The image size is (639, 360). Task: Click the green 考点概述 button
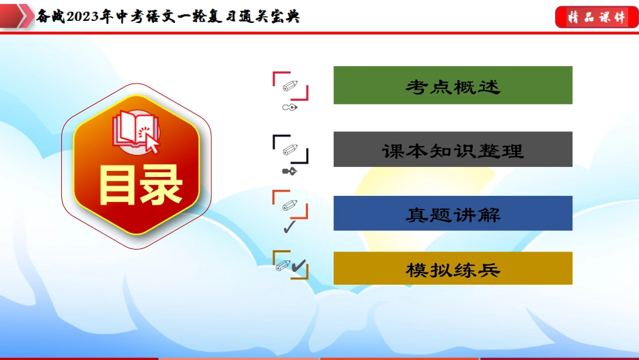[453, 85]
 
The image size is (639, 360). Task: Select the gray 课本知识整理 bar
[453, 149]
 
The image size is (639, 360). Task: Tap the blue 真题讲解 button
[453, 213]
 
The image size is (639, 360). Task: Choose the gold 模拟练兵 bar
[453, 268]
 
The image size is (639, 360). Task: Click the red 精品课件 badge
[596, 17]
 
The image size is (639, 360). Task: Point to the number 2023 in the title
[82, 17]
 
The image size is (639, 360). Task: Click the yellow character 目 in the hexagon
[116, 185]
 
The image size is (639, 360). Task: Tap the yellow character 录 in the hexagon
[161, 185]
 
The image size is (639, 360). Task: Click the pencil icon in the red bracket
[290, 85]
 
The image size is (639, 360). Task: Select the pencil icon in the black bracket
[290, 149]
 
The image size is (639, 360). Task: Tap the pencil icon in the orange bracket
[290, 205]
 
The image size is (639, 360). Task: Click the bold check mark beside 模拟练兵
[299, 266]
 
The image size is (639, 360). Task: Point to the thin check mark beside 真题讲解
[289, 227]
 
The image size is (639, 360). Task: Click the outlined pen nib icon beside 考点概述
[290, 108]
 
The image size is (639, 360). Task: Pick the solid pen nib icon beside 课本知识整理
[290, 171]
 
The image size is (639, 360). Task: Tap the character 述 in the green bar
[488, 87]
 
